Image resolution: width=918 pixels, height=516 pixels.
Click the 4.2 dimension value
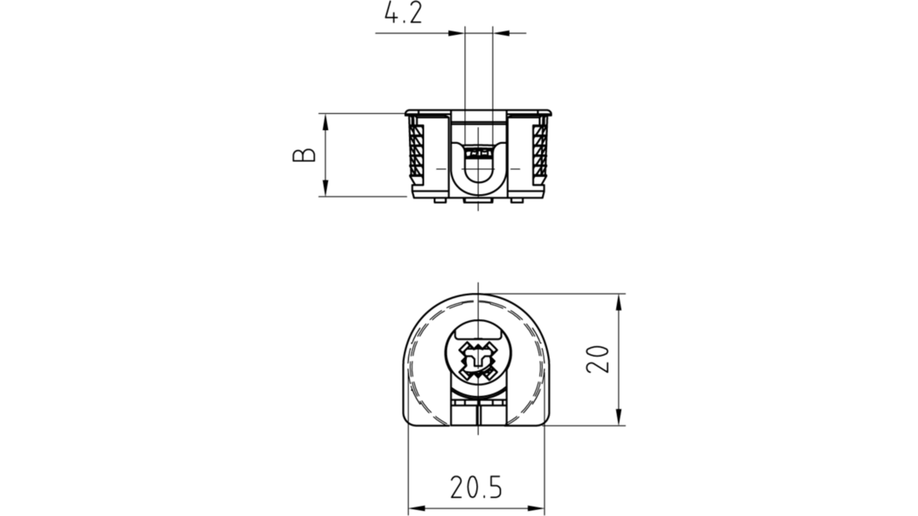(403, 13)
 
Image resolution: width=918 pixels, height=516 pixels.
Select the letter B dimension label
(304, 155)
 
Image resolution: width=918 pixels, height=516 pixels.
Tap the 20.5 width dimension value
(476, 488)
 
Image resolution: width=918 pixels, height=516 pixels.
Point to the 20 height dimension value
(597, 359)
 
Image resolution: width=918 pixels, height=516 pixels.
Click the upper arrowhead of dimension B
(325, 122)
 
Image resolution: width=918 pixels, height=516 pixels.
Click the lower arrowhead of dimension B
(325, 188)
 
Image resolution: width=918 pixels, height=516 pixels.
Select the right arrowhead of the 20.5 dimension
(536, 508)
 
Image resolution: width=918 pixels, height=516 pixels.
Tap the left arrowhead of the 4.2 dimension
(456, 33)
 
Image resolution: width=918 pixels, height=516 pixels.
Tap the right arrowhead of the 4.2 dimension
(501, 33)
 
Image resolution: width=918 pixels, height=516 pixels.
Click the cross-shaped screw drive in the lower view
(478, 361)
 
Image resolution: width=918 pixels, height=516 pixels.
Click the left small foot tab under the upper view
(440, 200)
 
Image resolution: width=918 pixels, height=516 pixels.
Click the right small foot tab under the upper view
(517, 200)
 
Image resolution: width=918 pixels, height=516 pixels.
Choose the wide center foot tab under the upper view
(478, 200)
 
